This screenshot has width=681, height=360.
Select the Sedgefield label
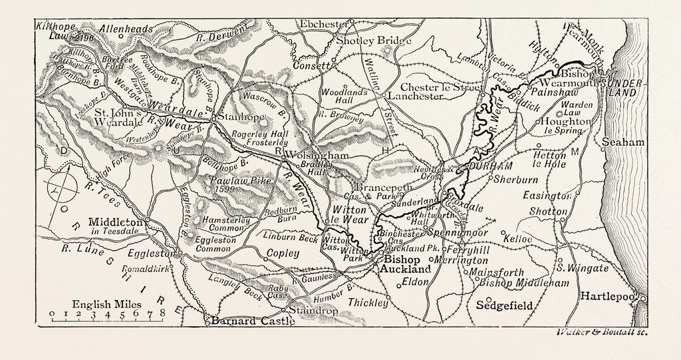(506, 306)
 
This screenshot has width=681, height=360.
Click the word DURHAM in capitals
(491, 165)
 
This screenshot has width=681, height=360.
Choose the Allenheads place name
(125, 29)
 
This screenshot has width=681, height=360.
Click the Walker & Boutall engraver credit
(596, 332)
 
